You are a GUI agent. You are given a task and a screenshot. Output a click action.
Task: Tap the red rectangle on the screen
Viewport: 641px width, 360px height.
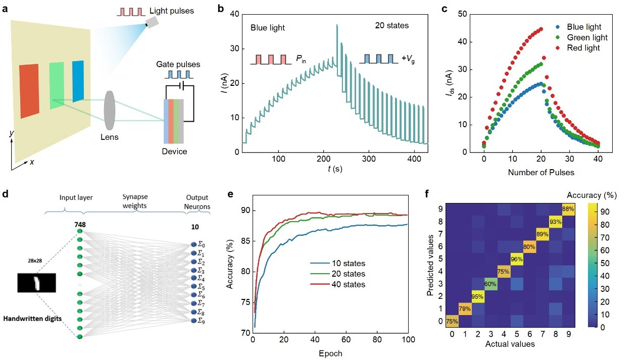(x=29, y=91)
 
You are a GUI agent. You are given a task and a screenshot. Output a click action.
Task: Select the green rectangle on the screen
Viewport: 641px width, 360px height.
(x=57, y=85)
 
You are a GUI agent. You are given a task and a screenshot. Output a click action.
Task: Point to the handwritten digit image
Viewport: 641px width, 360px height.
(x=36, y=282)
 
